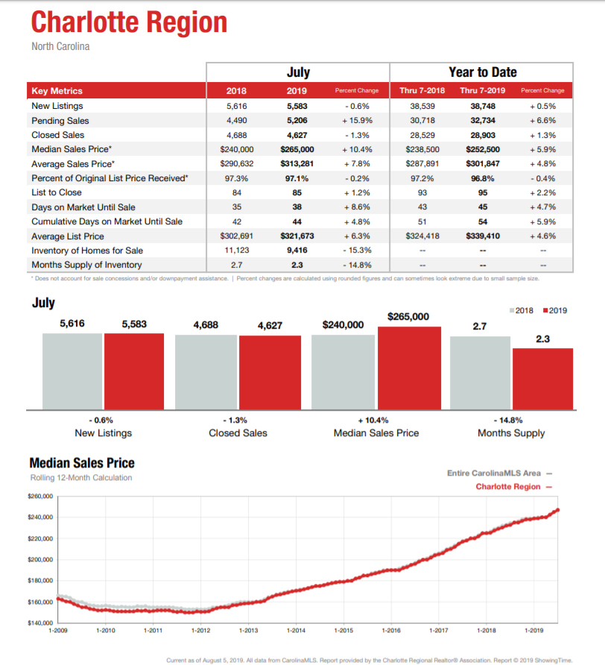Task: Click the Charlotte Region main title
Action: tap(130, 22)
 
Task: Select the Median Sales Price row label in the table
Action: tap(72, 149)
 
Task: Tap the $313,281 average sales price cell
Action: tap(297, 164)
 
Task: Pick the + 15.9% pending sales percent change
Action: tap(357, 121)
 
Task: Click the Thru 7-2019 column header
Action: tap(483, 90)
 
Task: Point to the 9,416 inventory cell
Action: tap(297, 250)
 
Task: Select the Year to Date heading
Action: tap(483, 72)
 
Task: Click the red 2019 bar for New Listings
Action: tap(134, 371)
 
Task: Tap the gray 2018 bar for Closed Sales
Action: tap(206, 372)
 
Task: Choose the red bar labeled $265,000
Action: tap(409, 368)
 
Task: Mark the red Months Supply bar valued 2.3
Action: tap(542, 379)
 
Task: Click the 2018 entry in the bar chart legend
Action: tap(521, 310)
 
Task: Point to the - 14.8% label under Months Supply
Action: tap(508, 420)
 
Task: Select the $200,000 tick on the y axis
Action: tap(40, 559)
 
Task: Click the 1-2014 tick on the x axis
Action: tap(296, 631)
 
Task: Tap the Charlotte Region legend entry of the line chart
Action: tap(513, 487)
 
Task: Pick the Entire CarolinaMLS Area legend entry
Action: tap(499, 473)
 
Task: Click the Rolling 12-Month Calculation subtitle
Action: tap(81, 478)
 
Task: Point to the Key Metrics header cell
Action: tap(57, 91)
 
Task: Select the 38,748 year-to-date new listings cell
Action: tap(483, 106)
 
